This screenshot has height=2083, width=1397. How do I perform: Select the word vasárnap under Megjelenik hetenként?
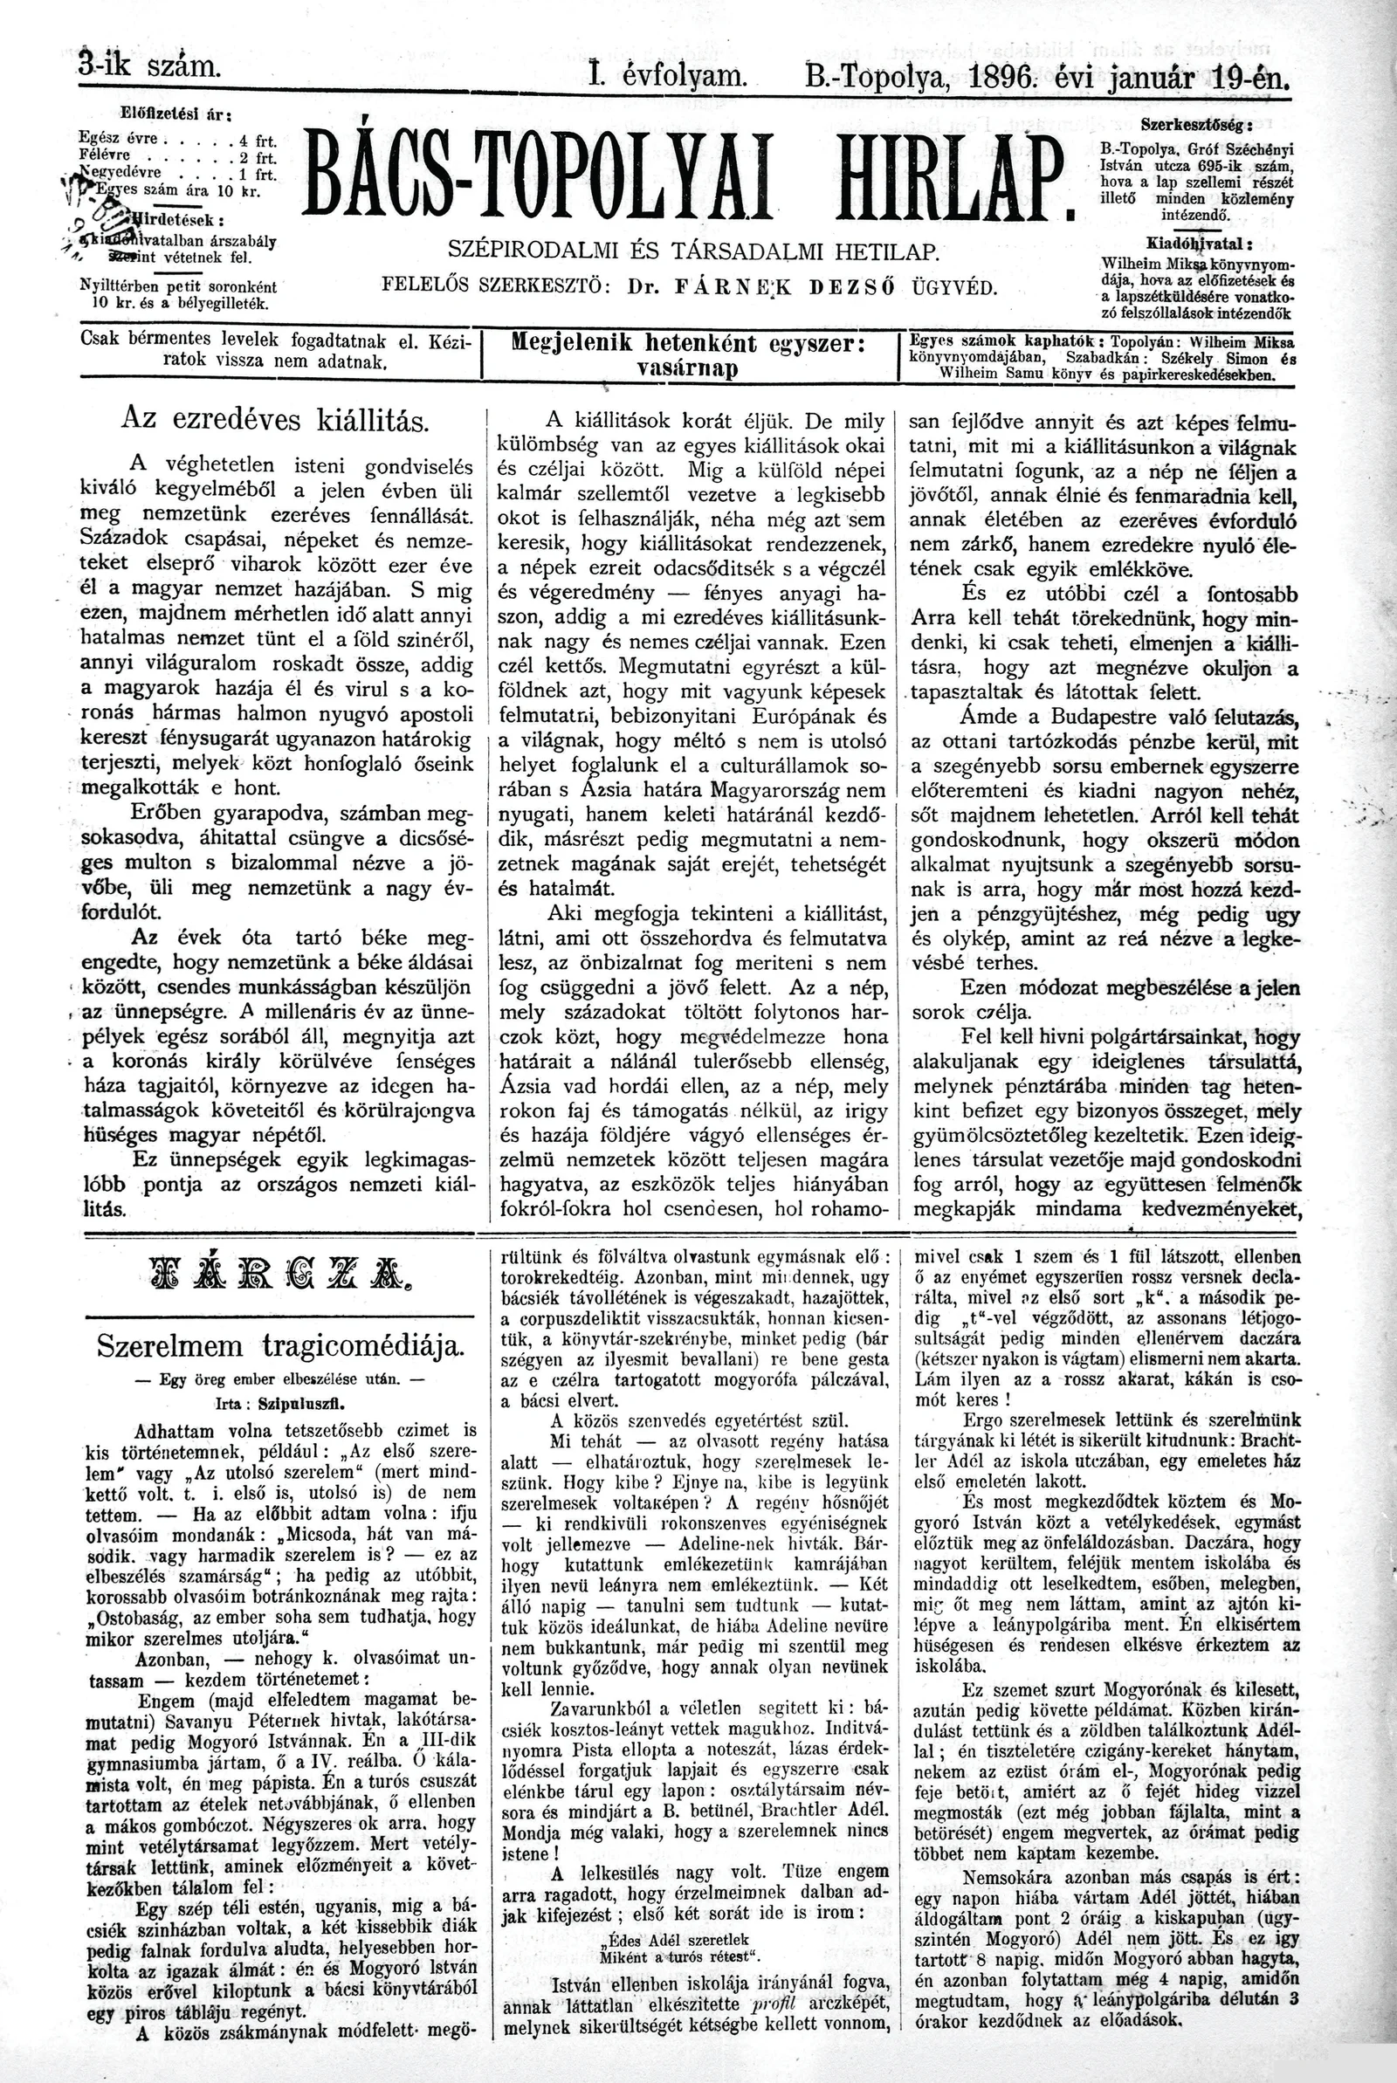pyautogui.click(x=690, y=369)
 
